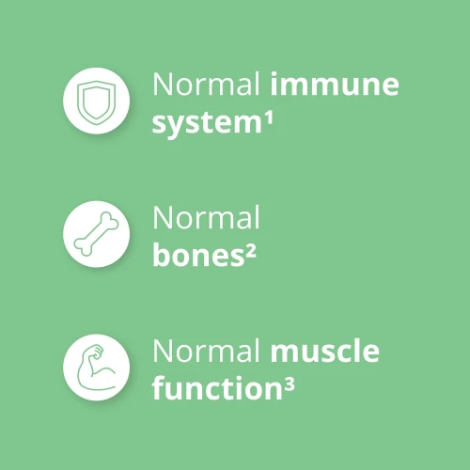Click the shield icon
[x=96, y=100]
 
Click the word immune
[x=334, y=86]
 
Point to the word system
[x=199, y=122]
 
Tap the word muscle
[x=325, y=353]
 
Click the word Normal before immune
[x=207, y=86]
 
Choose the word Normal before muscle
[x=207, y=353]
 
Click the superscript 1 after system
[x=254, y=116]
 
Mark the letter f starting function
[x=158, y=389]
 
